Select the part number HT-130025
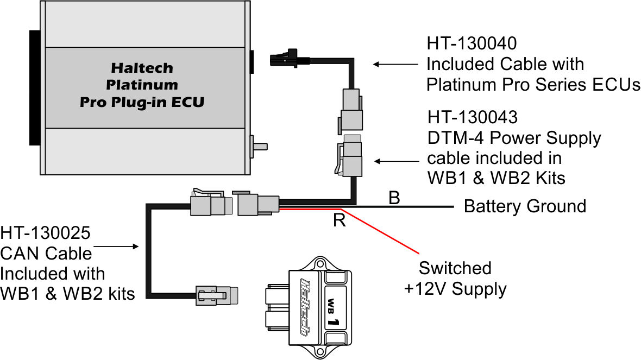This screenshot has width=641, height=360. click(x=45, y=234)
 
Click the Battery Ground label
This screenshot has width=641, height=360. click(x=524, y=206)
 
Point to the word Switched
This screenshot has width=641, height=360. click(x=455, y=268)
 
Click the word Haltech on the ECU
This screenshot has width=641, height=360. click(x=142, y=68)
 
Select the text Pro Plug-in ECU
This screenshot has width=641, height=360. click(x=142, y=102)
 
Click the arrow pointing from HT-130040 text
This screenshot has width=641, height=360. click(x=391, y=64)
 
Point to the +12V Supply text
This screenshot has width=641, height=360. click(x=455, y=289)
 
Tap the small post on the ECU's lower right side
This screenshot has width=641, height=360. click(x=260, y=146)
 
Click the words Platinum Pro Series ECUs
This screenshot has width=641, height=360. click(x=533, y=85)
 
